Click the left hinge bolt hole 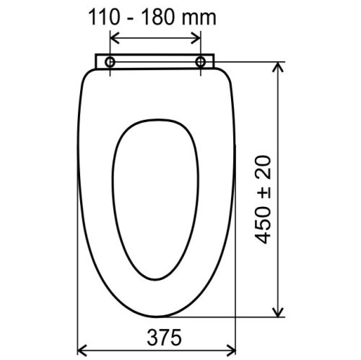click(x=110, y=63)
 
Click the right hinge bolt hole click(x=200, y=63)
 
